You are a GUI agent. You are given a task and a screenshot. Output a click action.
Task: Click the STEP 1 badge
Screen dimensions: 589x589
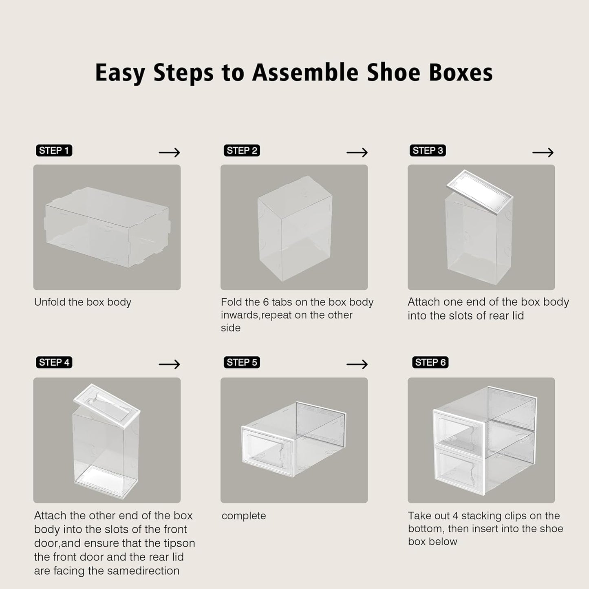pyautogui.click(x=54, y=150)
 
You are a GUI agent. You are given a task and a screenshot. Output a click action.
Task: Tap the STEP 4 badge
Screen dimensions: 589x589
pyautogui.click(x=54, y=362)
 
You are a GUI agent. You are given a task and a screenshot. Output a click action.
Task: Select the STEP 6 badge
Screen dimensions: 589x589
pyautogui.click(x=430, y=362)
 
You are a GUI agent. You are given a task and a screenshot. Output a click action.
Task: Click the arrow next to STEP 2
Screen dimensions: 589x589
pyautogui.click(x=357, y=152)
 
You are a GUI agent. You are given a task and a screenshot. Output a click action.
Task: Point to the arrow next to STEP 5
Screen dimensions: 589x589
pyautogui.click(x=357, y=364)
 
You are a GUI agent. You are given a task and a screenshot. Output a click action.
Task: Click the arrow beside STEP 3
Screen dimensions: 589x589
pyautogui.click(x=543, y=152)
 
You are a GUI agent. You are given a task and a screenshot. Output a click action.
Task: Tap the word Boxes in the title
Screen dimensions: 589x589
pyautogui.click(x=461, y=73)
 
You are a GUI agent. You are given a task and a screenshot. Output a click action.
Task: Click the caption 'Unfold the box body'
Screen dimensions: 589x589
pyautogui.click(x=83, y=302)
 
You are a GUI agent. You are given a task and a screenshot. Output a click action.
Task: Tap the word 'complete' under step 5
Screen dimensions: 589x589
pyautogui.click(x=244, y=516)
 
